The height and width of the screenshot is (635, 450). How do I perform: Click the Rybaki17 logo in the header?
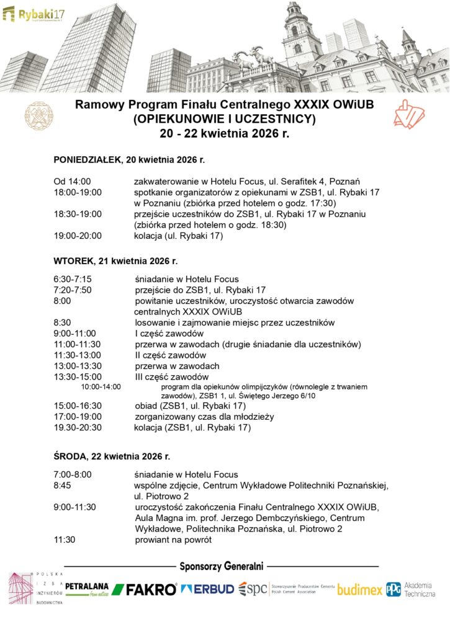click(36, 13)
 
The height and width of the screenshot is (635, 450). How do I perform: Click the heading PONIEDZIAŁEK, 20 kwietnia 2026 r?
click(129, 160)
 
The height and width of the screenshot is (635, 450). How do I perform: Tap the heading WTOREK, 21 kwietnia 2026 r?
click(115, 261)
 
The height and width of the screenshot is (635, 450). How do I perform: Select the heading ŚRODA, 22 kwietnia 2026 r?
click(112, 456)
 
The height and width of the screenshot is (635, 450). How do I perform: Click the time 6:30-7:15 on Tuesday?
click(73, 279)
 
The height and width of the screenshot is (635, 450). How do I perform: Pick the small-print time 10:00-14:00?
click(101, 387)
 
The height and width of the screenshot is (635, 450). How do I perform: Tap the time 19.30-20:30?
click(78, 428)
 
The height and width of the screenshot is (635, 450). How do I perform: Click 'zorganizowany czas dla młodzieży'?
click(204, 417)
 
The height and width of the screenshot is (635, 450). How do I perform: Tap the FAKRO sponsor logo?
click(145, 589)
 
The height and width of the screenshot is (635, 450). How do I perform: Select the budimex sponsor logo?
click(359, 590)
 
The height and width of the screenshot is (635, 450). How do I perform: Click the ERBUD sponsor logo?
click(207, 589)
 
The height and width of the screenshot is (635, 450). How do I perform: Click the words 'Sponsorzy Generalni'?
click(222, 566)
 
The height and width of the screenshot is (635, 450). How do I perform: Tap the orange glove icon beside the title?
click(409, 115)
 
